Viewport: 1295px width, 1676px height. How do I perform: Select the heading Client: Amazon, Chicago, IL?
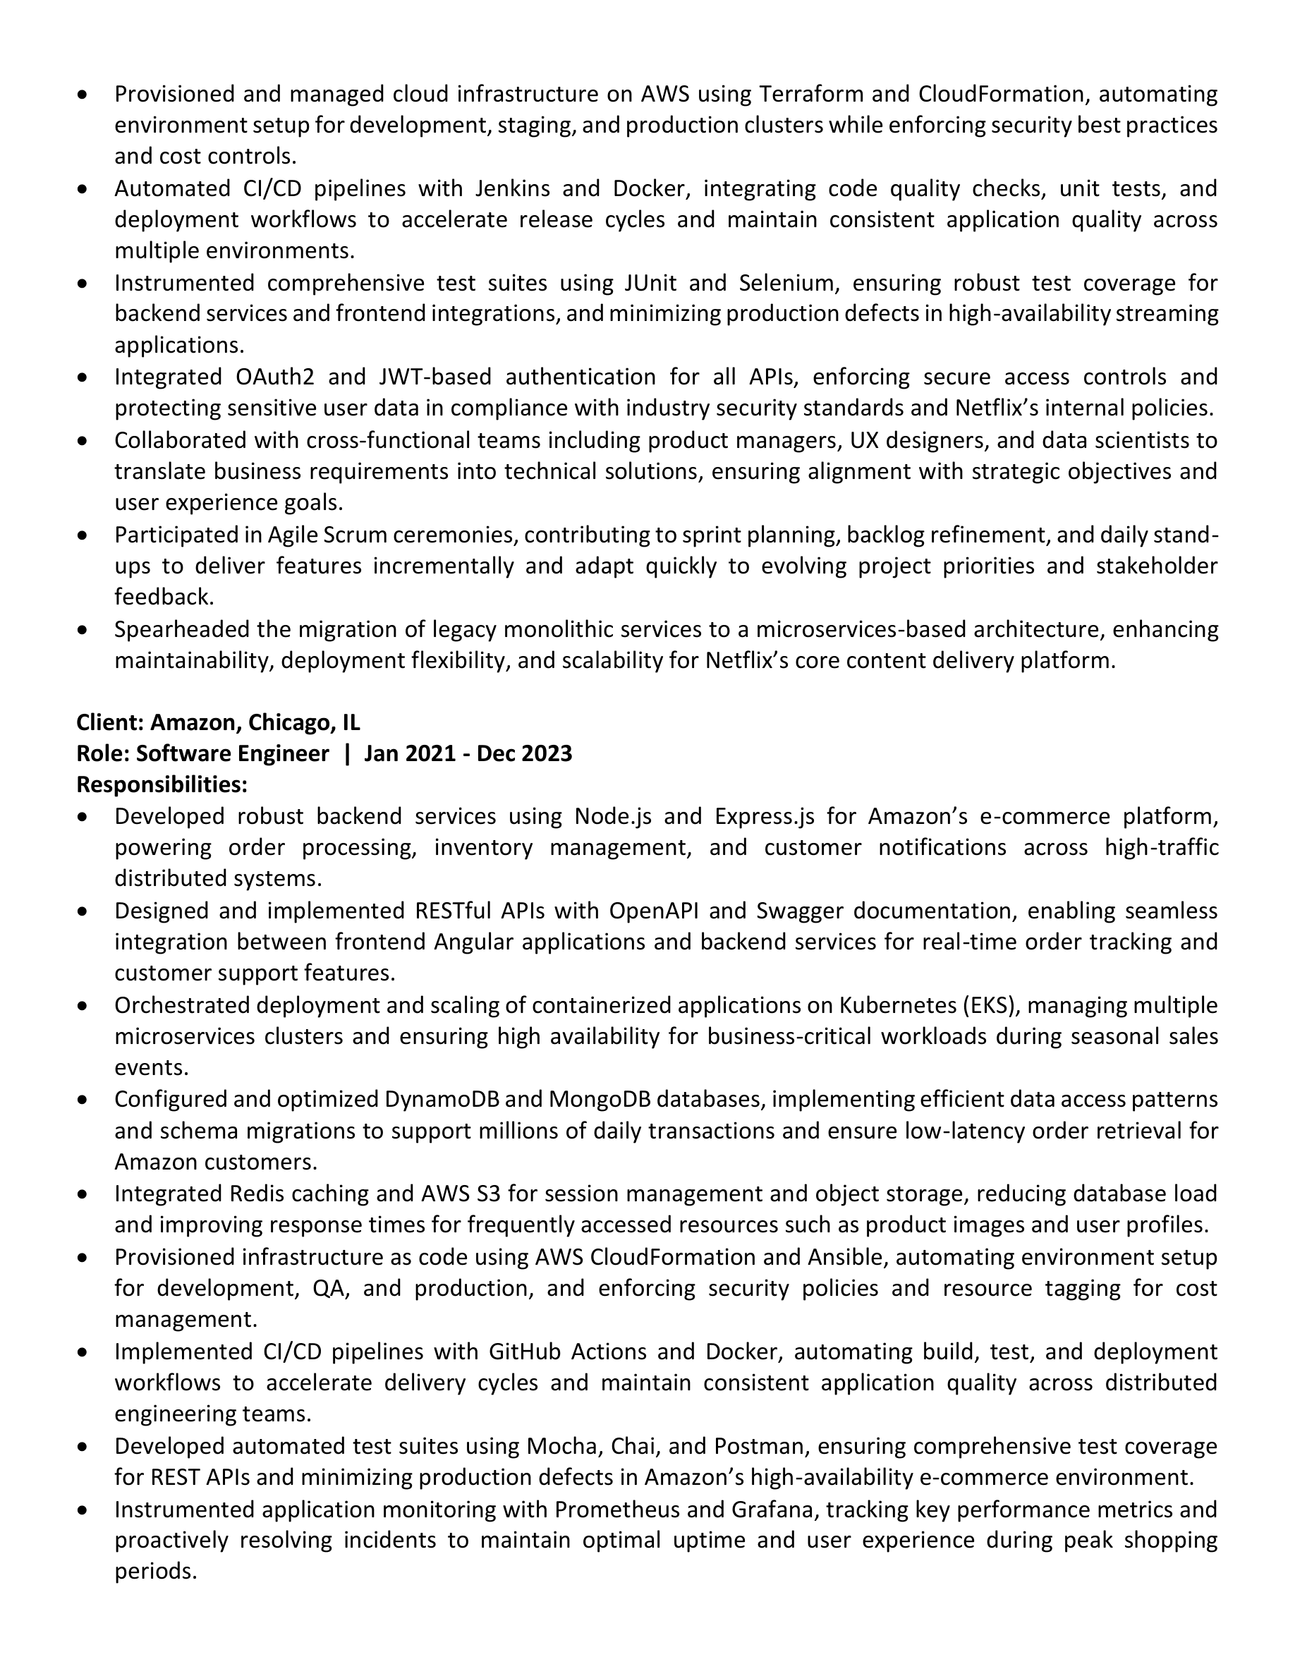(x=218, y=722)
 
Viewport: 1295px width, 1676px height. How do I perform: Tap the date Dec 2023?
(x=524, y=753)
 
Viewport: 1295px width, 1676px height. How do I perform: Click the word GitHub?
(x=523, y=1352)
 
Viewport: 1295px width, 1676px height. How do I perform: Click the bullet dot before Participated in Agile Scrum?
(x=83, y=535)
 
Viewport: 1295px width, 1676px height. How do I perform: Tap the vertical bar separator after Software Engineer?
(x=347, y=753)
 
